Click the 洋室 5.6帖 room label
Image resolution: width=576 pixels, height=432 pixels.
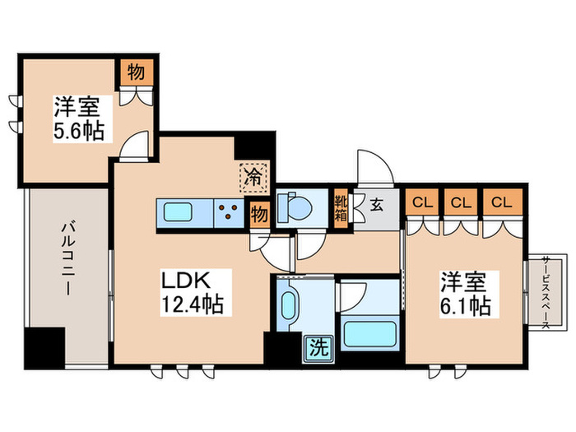click(80, 118)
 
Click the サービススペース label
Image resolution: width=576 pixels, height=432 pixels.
click(546, 292)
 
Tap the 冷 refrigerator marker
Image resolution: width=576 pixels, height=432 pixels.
click(254, 175)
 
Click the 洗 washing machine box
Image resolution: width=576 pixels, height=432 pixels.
click(318, 347)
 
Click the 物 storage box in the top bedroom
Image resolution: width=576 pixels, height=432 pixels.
click(136, 72)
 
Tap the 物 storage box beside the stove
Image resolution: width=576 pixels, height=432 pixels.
click(258, 214)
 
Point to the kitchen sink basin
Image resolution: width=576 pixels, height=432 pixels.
click(179, 212)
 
